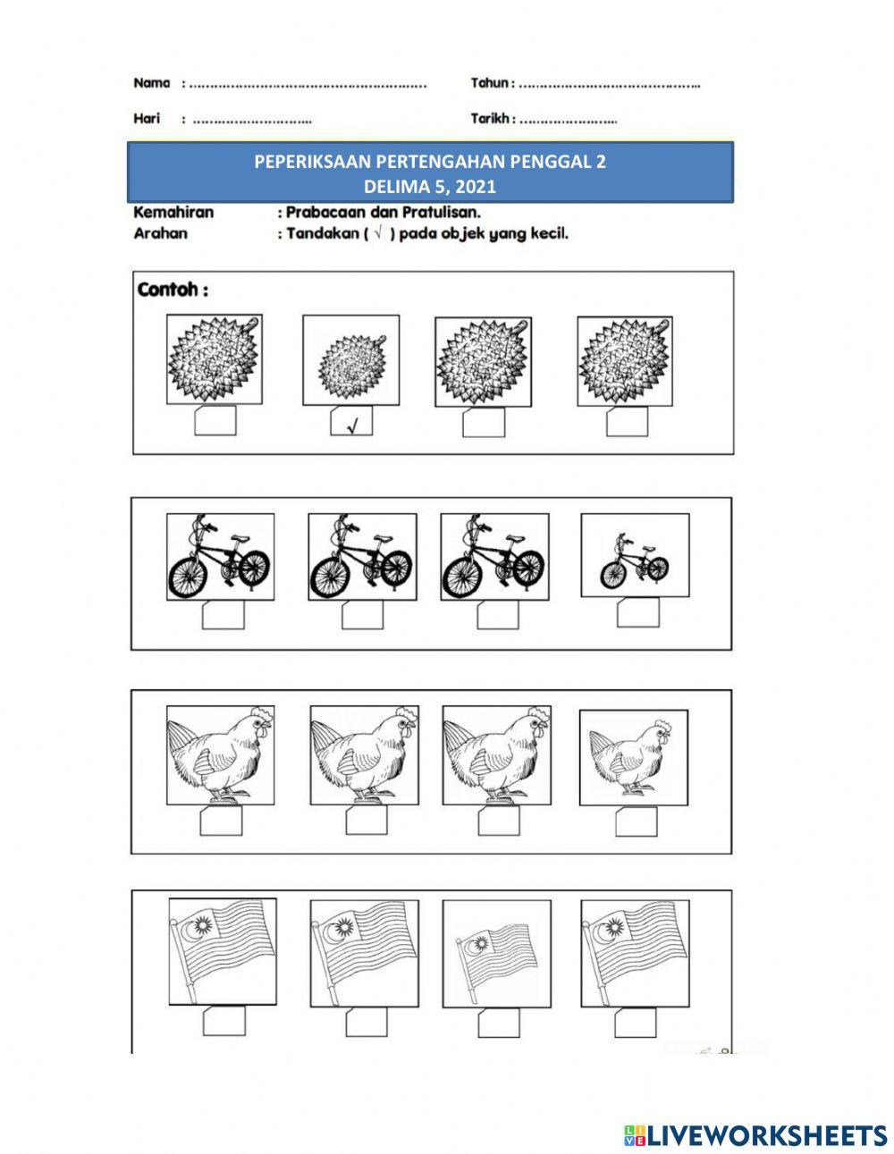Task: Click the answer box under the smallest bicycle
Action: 637,612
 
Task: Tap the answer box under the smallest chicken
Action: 636,821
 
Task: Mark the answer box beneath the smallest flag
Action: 498,1022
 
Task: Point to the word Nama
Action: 151,83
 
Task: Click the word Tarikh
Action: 490,118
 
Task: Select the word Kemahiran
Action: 173,213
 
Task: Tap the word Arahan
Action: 160,234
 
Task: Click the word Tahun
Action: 492,83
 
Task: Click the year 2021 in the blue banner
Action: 476,187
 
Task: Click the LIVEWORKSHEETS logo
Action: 755,1135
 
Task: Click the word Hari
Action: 146,118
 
